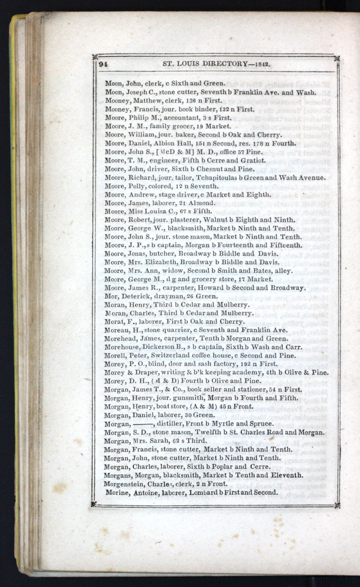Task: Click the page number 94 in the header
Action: (x=103, y=64)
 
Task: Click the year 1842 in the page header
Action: (x=261, y=64)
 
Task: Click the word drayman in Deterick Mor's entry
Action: (x=162, y=296)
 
